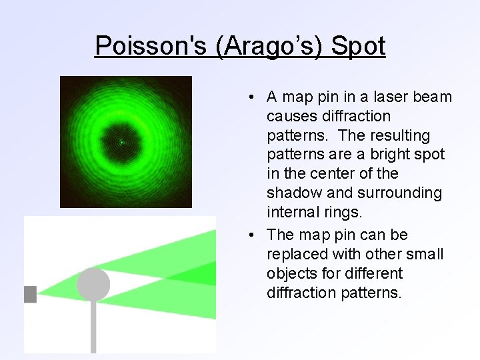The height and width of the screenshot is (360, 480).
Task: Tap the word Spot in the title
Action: coord(358,46)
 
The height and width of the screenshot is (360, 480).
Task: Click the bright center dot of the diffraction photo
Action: coord(121,142)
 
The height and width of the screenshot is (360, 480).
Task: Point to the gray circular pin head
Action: coord(93,283)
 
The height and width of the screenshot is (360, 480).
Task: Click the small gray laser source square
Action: coord(30,294)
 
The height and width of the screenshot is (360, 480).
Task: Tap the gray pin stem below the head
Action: coord(93,327)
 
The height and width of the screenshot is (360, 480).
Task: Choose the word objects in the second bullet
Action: coord(290,274)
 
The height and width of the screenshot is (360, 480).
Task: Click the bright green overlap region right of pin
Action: coord(200,274)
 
